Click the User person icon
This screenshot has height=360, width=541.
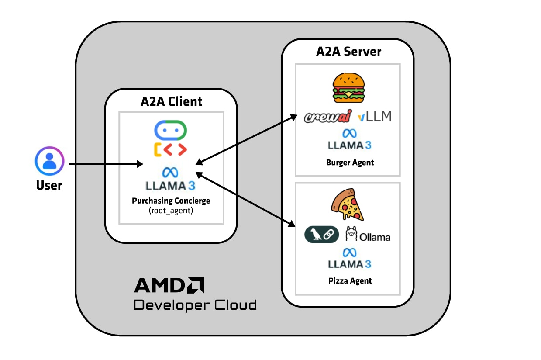tap(49, 161)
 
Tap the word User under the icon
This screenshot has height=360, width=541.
tap(49, 185)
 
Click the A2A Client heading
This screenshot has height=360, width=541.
tap(171, 102)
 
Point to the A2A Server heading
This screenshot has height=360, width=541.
tap(348, 52)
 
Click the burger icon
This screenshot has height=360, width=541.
tap(348, 88)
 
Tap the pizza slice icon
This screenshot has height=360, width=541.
tap(348, 204)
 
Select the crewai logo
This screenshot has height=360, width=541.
tap(328, 117)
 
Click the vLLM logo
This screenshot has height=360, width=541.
tap(374, 116)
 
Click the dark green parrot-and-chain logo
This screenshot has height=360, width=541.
tap(321, 235)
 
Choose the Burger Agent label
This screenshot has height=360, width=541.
tap(350, 163)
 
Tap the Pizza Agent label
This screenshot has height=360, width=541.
tap(350, 280)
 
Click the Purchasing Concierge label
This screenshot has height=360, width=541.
tap(171, 201)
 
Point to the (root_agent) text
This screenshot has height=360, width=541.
tap(171, 211)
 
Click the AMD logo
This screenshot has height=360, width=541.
tap(169, 285)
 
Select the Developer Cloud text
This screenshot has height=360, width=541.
tap(195, 305)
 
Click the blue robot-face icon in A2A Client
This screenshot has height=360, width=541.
tap(170, 130)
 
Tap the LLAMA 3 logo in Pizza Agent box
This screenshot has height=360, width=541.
tap(349, 259)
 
